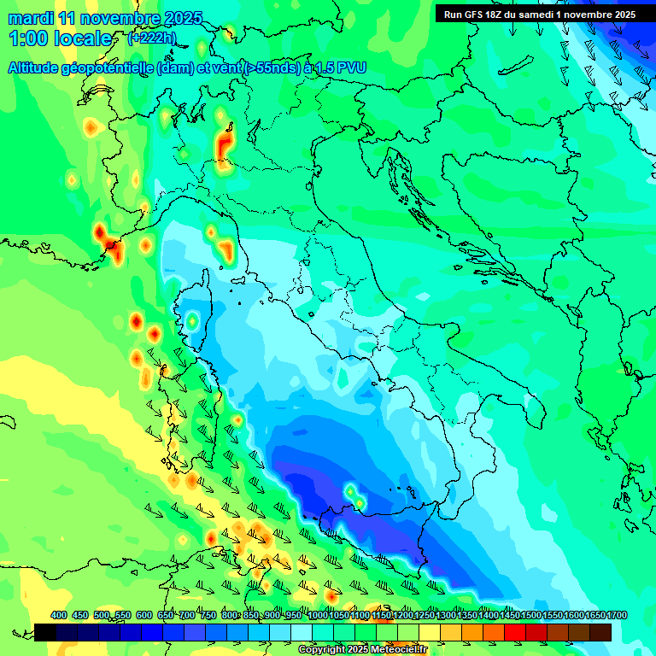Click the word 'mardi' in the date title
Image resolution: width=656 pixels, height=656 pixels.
(x=31, y=18)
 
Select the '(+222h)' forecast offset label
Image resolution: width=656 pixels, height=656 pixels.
(x=152, y=38)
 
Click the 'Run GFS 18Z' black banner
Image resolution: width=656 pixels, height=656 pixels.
(x=539, y=15)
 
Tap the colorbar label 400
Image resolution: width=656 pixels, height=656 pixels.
(x=59, y=615)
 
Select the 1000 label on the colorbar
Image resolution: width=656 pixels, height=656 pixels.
(x=317, y=615)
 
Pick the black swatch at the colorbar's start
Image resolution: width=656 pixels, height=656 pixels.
(x=45, y=632)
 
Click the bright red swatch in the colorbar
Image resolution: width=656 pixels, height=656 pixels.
(x=515, y=632)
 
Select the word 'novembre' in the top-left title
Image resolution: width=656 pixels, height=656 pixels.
(x=119, y=18)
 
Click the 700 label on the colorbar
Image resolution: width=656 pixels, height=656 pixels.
(x=187, y=615)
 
